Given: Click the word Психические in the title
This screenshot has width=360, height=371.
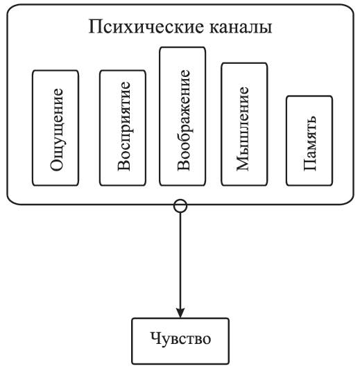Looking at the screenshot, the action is pyautogui.click(x=146, y=27).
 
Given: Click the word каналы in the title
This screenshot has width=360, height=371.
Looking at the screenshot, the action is pyautogui.click(x=241, y=27).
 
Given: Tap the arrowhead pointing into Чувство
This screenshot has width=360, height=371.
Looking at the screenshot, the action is pyautogui.click(x=180, y=313).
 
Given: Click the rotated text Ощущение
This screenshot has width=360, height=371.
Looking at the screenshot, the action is pyautogui.click(x=57, y=129).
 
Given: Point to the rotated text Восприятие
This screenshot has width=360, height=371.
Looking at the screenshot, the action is pyautogui.click(x=124, y=126).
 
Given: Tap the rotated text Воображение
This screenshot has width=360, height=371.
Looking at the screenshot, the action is pyautogui.click(x=184, y=120).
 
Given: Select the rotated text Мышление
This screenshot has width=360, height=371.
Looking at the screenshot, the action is pyautogui.click(x=243, y=129).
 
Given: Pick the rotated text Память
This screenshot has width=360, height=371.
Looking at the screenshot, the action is pyautogui.click(x=310, y=143).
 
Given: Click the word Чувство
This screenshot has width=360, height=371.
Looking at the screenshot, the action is pyautogui.click(x=180, y=339).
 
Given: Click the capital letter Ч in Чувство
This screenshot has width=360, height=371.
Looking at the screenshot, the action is pyautogui.click(x=155, y=338).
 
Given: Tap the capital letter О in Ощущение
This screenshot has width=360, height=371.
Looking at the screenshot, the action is pyautogui.click(x=57, y=164).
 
